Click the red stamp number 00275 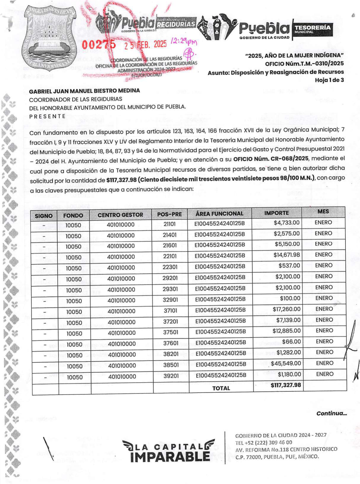tap(99, 45)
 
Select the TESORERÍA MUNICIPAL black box tap(312, 30)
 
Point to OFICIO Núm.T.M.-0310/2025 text tap(304, 64)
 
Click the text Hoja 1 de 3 tap(329, 80)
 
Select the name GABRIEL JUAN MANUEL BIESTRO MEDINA tap(84, 91)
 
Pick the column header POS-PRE tap(169, 214)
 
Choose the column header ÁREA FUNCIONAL tap(219, 213)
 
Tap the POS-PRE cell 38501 tap(171, 365)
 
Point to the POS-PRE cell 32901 tap(170, 300)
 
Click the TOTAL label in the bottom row tap(221, 388)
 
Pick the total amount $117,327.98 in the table tap(286, 385)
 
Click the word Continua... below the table tap(331, 413)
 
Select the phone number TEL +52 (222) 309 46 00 tap(264, 442)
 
